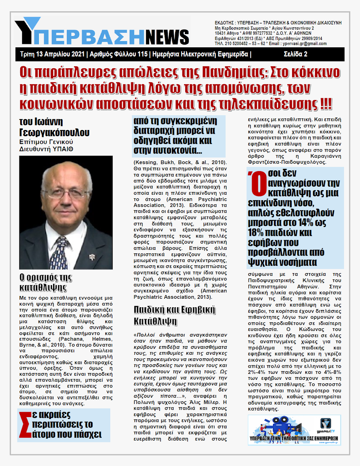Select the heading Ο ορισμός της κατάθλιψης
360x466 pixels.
coord(45,282)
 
